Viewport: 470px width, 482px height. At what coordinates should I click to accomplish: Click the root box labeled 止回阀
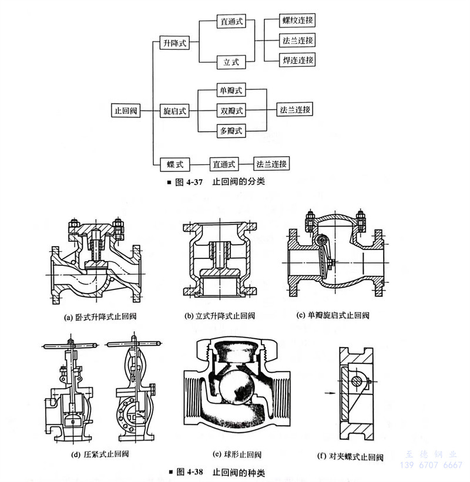point(127,110)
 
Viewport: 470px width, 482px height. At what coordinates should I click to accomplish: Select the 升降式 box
point(175,42)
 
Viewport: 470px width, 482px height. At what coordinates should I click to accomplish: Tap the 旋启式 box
point(175,110)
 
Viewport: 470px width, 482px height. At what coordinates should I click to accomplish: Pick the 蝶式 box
point(175,164)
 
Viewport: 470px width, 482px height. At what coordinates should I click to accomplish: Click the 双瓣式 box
point(231,110)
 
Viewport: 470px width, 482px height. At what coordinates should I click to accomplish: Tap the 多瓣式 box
point(231,130)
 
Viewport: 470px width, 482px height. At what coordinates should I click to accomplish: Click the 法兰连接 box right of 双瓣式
point(295,110)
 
